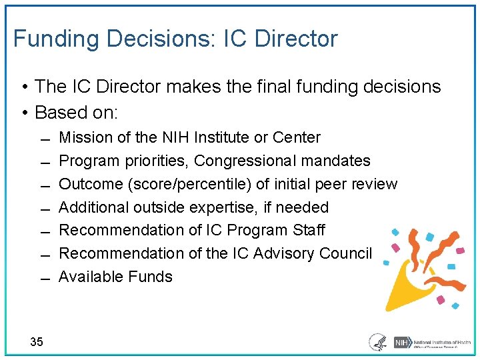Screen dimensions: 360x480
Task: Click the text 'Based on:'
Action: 76,112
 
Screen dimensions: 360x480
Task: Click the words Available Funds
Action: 115,277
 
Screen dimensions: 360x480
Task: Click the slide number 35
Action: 37,342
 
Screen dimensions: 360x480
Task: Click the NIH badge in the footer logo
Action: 402,342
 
